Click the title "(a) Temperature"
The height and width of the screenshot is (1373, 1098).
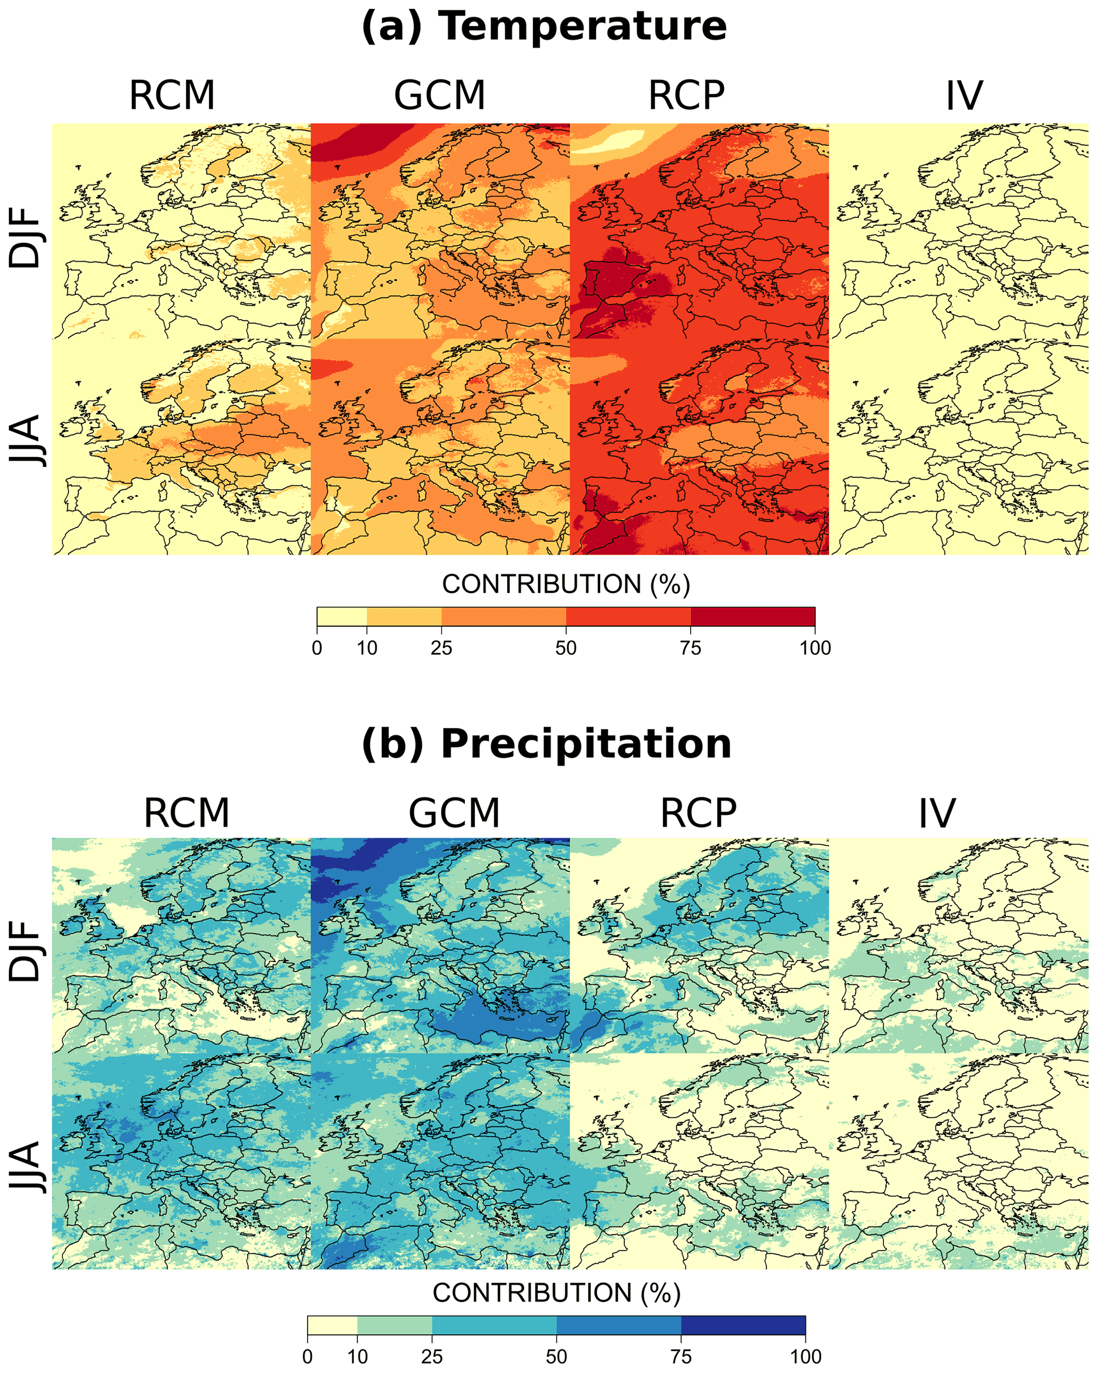(x=544, y=27)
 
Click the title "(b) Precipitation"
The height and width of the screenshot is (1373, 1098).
(x=546, y=744)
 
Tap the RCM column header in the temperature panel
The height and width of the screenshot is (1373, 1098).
(x=172, y=96)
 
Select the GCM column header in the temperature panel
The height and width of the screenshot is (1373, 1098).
(x=439, y=96)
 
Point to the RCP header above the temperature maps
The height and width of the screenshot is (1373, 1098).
(x=686, y=96)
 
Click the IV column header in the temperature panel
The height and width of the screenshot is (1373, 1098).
(x=964, y=96)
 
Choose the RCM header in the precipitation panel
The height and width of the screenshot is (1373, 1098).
(x=186, y=813)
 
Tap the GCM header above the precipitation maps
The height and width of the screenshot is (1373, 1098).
(x=454, y=813)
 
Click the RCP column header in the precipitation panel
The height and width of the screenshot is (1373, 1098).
(x=698, y=813)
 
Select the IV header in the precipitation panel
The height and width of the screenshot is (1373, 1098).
(x=937, y=813)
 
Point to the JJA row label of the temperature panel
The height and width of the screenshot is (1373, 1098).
(x=25, y=441)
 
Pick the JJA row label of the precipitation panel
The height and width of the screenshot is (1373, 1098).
(x=25, y=1167)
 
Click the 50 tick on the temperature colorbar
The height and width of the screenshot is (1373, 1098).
(x=566, y=649)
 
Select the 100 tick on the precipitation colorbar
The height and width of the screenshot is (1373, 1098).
(x=806, y=1357)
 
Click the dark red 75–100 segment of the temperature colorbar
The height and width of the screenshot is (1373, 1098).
(x=753, y=617)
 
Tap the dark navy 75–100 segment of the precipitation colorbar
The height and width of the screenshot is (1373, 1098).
(x=743, y=1325)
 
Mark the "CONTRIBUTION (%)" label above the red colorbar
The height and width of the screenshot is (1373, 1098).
(x=566, y=584)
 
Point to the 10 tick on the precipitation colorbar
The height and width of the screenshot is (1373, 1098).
(x=358, y=1357)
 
